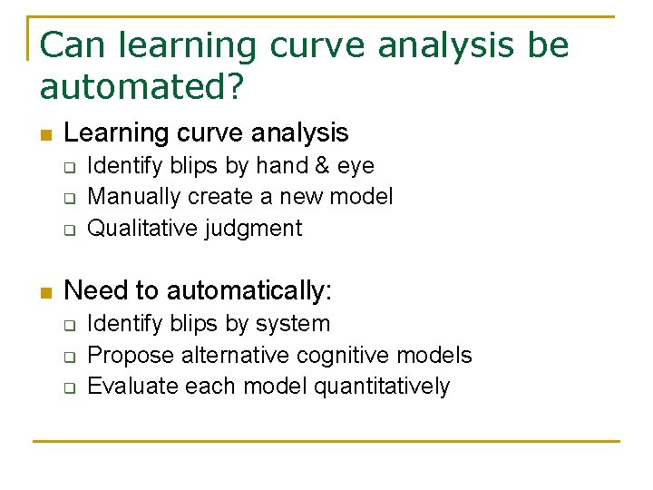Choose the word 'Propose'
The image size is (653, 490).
tap(131, 356)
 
